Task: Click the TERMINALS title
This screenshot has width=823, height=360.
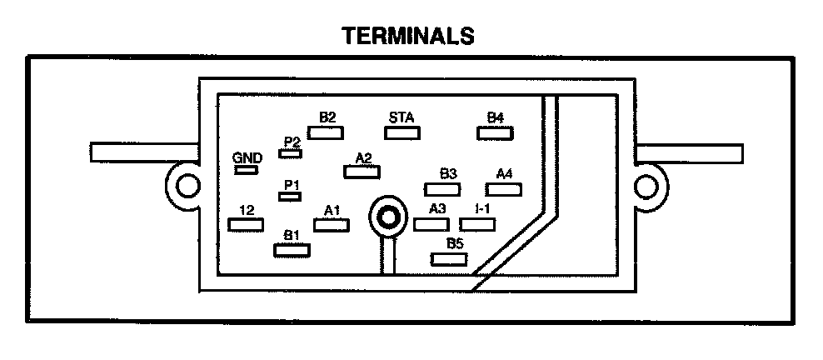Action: [408, 36]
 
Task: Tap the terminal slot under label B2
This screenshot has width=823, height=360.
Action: [326, 132]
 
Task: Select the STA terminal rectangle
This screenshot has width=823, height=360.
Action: [403, 132]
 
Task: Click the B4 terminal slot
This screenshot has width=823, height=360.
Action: [495, 132]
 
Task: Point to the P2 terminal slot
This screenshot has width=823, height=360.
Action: [291, 154]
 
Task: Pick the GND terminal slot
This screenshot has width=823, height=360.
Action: [246, 170]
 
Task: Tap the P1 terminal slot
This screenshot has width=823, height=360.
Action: [290, 196]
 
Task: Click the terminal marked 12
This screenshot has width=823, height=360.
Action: [246, 224]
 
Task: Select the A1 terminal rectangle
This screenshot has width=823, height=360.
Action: [332, 224]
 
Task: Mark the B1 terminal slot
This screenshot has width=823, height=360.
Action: [292, 248]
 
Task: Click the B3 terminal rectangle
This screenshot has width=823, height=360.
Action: [447, 189]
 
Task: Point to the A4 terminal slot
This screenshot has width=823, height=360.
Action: [504, 189]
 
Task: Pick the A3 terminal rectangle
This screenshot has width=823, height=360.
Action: [431, 223]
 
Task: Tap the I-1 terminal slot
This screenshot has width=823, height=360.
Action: [478, 223]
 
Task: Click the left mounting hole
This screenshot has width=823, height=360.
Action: [186, 184]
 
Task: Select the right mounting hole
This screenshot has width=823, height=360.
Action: [647, 184]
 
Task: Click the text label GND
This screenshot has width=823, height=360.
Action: [247, 157]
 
